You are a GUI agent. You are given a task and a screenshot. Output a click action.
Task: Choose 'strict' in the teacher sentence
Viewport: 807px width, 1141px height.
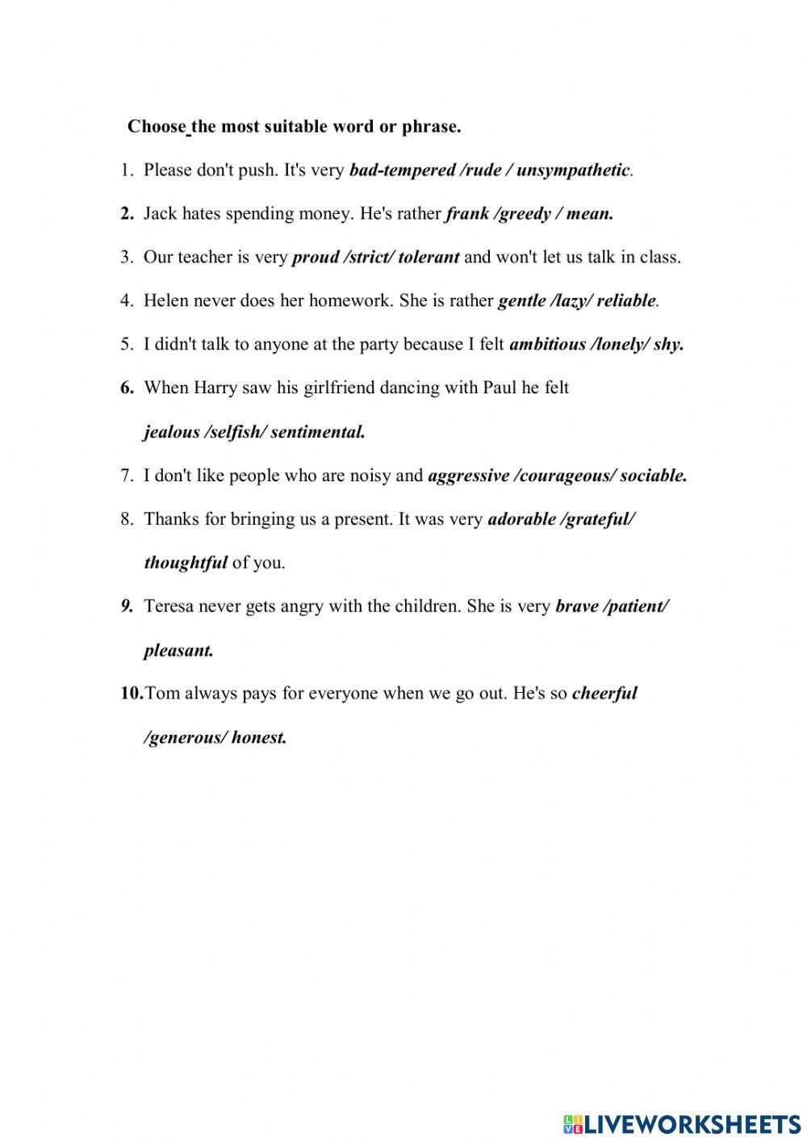(370, 258)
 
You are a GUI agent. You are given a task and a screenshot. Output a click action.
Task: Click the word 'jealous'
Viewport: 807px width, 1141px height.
(172, 432)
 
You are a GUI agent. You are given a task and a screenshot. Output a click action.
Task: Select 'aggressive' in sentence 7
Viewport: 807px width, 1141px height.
(468, 476)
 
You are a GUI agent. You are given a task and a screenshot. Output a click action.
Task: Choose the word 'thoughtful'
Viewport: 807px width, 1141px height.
(185, 563)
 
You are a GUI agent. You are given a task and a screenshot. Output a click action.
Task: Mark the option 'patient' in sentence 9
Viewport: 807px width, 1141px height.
(636, 606)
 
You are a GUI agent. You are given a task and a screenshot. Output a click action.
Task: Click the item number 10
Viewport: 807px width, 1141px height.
(132, 694)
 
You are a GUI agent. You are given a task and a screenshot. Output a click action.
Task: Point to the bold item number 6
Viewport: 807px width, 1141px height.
(128, 388)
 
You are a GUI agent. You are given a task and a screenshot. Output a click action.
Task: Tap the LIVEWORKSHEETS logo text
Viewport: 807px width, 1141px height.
(691, 1123)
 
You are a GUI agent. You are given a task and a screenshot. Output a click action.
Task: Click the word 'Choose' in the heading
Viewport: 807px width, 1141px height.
(157, 127)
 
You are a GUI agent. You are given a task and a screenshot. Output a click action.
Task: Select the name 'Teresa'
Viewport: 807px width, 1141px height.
(169, 606)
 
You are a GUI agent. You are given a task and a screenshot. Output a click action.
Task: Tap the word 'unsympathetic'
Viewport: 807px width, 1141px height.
(572, 170)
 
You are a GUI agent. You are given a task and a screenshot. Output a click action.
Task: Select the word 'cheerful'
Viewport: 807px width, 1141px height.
(604, 694)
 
